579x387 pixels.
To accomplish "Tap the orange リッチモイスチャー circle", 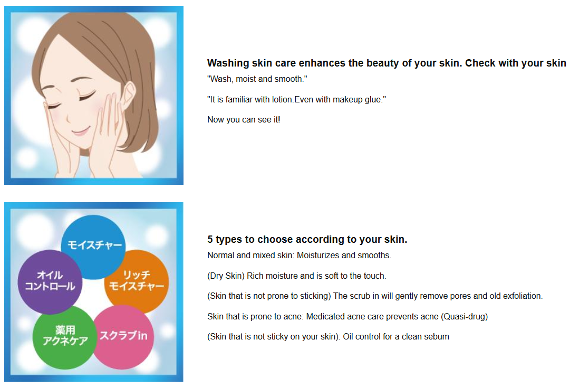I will tap(137, 281).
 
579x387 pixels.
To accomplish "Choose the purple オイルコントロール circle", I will tap(50, 281).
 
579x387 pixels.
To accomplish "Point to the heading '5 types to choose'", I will tap(307, 240).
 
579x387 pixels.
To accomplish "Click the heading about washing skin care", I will tap(386, 63).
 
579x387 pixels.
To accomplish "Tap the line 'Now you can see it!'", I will tap(244, 120).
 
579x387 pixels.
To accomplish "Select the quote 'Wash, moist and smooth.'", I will tap(257, 79).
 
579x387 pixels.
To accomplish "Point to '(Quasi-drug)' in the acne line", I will tap(464, 316).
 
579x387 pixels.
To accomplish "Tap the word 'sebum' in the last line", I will tap(437, 336).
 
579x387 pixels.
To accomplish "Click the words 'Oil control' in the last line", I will tap(362, 336).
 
